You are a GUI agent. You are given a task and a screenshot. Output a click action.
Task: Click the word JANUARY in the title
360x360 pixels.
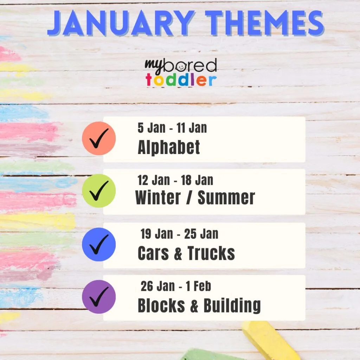tap(121, 23)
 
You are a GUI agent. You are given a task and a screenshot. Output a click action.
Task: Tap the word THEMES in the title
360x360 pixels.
tap(265, 23)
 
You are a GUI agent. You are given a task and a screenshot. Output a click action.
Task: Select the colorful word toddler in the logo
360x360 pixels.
tap(181, 80)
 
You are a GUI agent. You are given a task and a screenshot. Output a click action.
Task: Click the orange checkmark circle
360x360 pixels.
tap(99, 139)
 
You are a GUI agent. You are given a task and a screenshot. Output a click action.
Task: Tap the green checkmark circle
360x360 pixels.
tap(99, 191)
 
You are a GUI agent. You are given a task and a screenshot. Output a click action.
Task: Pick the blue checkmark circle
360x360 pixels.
tap(99, 244)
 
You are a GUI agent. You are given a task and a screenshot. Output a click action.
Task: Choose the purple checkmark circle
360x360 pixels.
tap(99, 297)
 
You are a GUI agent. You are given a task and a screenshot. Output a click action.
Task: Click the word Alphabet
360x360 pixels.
tap(169, 147)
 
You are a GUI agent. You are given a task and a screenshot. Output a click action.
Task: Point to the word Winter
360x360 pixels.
tap(158, 197)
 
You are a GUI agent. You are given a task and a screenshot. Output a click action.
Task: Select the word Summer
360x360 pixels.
tap(226, 197)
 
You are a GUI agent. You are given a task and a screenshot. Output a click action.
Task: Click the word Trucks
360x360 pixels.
tap(211, 253)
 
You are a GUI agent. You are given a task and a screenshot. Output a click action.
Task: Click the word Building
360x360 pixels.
tap(232, 306)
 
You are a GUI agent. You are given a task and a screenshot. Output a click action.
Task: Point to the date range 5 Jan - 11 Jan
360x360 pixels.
tap(172, 128)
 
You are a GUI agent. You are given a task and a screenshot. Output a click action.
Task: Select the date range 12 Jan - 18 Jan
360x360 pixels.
tap(175, 180)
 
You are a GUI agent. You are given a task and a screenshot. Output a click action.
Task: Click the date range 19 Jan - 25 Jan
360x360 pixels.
tap(179, 234)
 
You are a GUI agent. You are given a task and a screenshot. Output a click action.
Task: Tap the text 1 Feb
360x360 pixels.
tap(198, 286)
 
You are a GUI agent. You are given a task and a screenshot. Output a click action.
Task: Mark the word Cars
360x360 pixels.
tap(153, 253)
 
